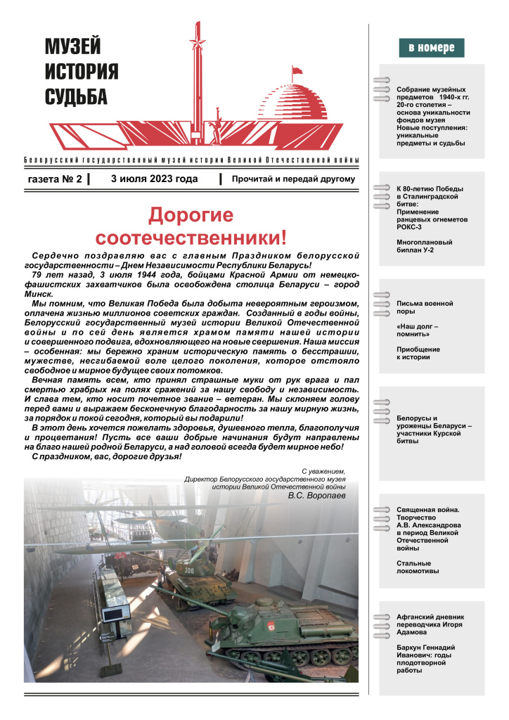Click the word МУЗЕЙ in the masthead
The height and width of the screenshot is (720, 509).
(73, 47)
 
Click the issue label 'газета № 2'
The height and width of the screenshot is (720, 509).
(55, 179)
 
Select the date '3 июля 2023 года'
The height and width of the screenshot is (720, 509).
(154, 179)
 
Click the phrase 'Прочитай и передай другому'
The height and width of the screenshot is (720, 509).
(293, 179)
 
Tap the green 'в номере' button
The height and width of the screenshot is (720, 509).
(432, 49)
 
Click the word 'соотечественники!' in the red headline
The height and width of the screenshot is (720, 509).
(191, 237)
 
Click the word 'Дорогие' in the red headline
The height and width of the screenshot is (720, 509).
(191, 214)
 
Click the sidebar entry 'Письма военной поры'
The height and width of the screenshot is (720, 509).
(424, 307)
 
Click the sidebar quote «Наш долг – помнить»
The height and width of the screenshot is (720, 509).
(418, 330)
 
